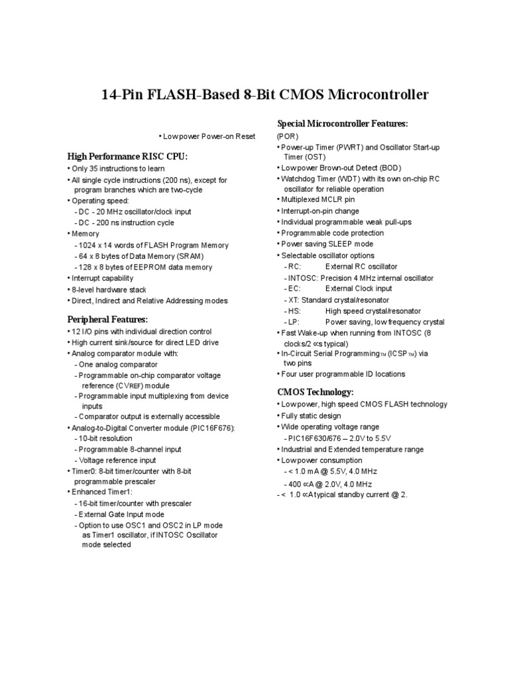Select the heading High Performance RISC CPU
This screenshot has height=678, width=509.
pyautogui.click(x=128, y=156)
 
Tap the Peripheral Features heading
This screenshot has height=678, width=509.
pyautogui.click(x=107, y=320)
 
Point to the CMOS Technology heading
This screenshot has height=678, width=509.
pyautogui.click(x=315, y=392)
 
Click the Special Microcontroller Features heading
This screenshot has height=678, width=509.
pyautogui.click(x=342, y=124)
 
